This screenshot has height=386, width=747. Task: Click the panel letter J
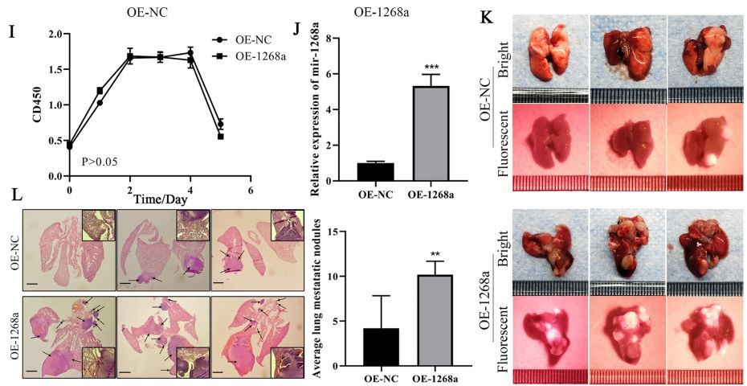pos(297,31)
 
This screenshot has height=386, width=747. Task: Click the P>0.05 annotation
pos(100,162)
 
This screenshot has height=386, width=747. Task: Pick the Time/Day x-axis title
pos(162,198)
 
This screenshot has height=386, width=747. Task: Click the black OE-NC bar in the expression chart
pos(353,170)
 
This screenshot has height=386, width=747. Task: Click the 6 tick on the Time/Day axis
pos(251,191)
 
